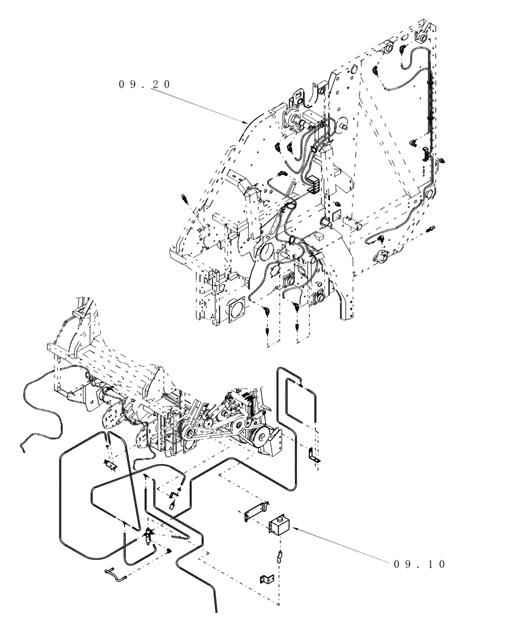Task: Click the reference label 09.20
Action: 145,84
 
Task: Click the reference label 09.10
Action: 420,564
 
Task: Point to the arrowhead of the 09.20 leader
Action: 248,122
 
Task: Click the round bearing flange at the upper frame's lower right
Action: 384,257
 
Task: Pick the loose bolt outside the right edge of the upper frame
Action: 433,227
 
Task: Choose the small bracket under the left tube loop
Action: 110,466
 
